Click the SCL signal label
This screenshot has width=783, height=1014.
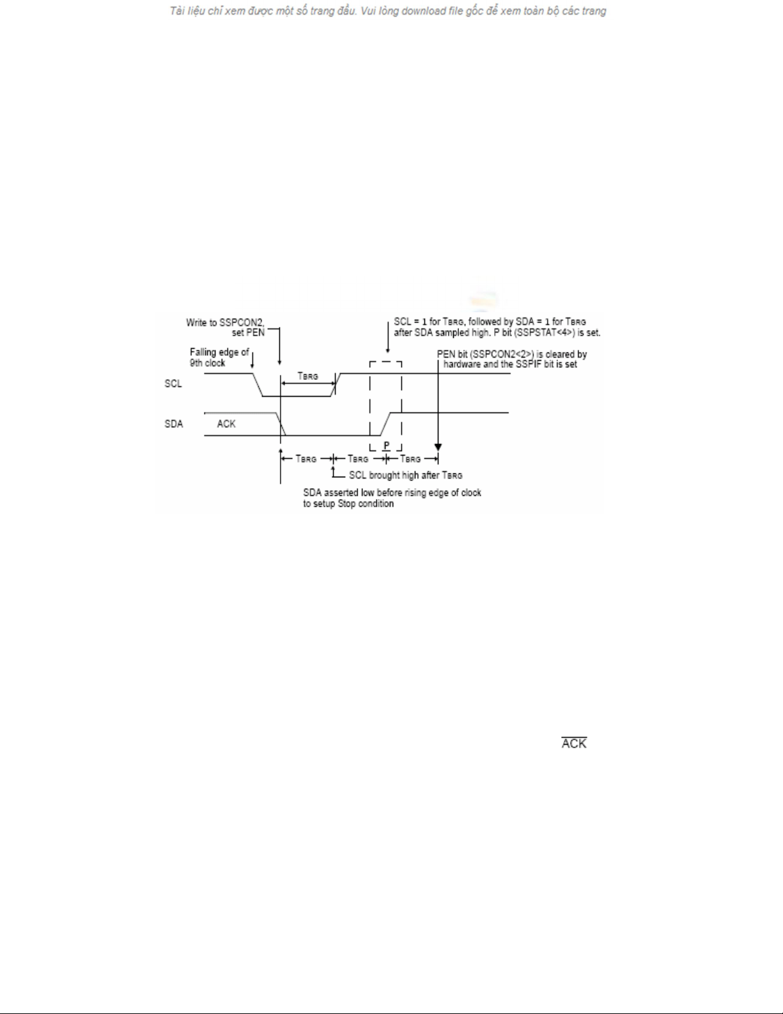tap(173, 384)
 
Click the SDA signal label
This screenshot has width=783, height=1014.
tap(174, 424)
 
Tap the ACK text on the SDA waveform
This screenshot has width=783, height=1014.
tap(226, 424)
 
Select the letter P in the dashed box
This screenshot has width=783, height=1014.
tap(386, 446)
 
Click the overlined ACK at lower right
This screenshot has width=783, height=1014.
tap(574, 743)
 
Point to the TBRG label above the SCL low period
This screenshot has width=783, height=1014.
tap(307, 376)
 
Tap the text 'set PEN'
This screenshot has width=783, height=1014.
tap(248, 333)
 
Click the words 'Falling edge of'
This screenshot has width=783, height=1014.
tap(219, 352)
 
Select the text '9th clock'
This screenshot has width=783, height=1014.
tap(207, 363)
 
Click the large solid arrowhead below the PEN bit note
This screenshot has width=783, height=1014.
tap(438, 448)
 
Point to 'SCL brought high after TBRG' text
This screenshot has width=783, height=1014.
tap(405, 475)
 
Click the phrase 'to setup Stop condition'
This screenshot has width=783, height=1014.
tap(348, 504)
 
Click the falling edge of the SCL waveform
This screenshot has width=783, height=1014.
tap(258, 385)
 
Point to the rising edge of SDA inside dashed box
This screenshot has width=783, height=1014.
tap(385, 424)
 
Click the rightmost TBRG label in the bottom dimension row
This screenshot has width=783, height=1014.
tap(410, 459)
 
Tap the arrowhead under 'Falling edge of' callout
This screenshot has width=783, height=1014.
tap(252, 366)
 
